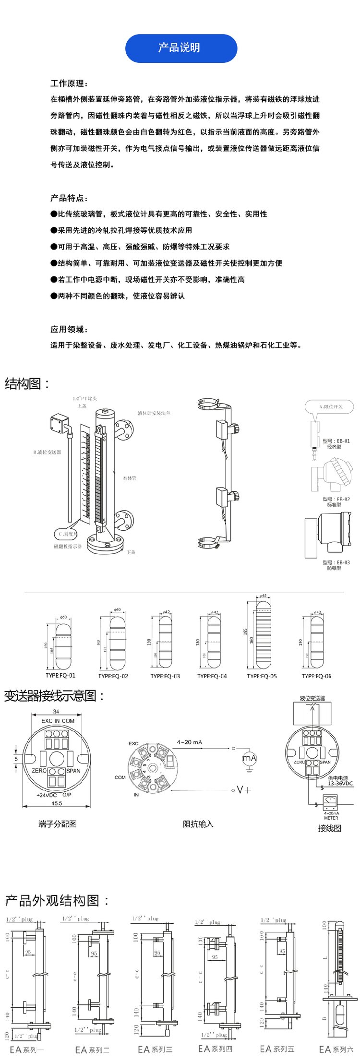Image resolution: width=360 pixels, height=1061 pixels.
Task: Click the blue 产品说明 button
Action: tap(181, 48)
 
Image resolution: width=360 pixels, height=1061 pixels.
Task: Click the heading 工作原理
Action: tap(69, 83)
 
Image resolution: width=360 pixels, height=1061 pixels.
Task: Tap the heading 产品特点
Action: tap(69, 198)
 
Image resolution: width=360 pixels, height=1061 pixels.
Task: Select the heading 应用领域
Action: tap(69, 329)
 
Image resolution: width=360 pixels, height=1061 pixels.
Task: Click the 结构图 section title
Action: tap(27, 383)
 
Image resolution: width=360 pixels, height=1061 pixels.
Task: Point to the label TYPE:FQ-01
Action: tap(60, 675)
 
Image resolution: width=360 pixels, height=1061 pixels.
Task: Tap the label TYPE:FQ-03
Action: tap(165, 676)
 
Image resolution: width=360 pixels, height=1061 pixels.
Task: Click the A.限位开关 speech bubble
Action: tap(330, 406)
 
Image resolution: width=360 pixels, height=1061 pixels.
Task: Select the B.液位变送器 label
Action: tap(47, 452)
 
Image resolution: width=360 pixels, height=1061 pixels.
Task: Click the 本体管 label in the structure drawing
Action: tap(130, 478)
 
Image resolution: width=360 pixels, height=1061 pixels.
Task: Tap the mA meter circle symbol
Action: tap(249, 759)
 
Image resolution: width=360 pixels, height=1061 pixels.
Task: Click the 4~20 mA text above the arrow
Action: tap(190, 742)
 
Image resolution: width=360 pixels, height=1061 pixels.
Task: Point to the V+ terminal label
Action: tap(244, 790)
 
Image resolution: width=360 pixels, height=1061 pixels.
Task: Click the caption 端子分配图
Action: tap(58, 824)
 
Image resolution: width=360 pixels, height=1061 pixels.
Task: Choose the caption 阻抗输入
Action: tap(198, 824)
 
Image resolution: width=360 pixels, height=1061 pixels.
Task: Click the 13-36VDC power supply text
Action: tap(340, 783)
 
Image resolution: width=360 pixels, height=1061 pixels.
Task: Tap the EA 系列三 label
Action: tap(155, 1049)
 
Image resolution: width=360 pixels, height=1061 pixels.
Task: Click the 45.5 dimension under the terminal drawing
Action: tap(57, 803)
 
